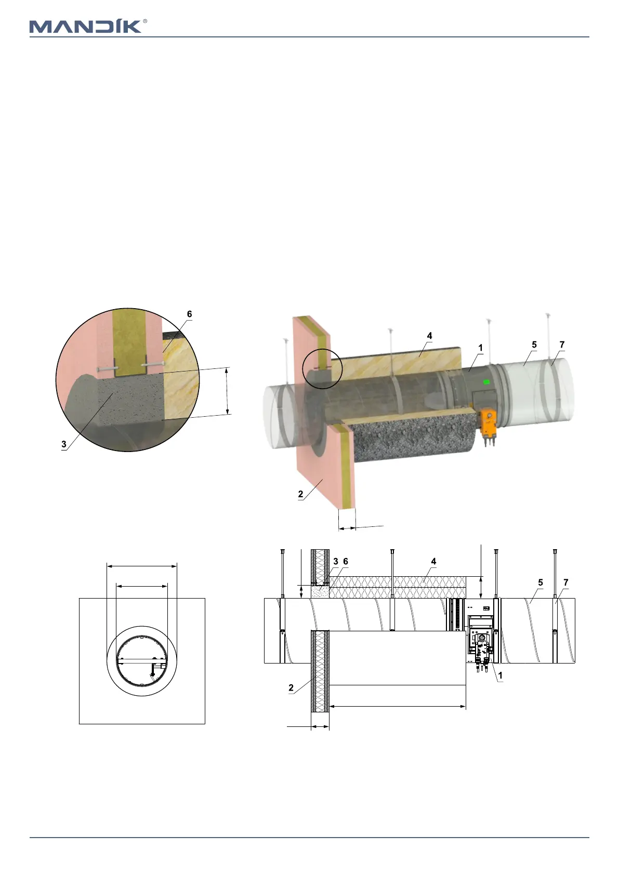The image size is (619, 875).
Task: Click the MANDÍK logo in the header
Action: coord(86,26)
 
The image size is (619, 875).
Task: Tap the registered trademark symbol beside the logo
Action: coord(146,21)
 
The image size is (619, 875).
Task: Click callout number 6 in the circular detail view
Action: coord(190,314)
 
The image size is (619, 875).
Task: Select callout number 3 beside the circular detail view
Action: coord(64,444)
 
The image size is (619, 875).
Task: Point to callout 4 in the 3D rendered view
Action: coord(429,336)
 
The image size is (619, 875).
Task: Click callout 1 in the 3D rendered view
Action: coord(481,348)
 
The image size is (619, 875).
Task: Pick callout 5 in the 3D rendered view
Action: coord(534,344)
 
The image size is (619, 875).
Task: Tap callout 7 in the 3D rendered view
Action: coord(562,344)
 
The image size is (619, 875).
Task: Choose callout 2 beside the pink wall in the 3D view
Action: coord(300,494)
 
